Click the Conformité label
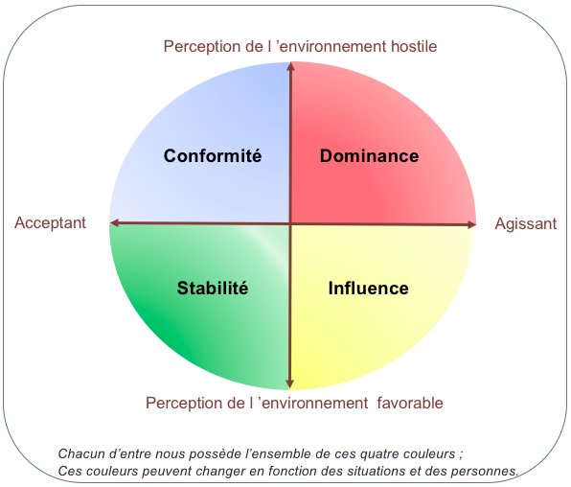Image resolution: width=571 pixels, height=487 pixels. click(213, 155)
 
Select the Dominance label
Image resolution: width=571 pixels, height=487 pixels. click(369, 155)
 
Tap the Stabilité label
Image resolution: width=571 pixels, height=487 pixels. click(213, 288)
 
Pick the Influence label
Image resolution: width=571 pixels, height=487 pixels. click(369, 288)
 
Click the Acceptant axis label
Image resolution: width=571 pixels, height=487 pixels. click(50, 223)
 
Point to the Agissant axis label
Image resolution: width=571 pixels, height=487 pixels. click(526, 223)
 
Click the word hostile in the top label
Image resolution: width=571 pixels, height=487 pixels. click(414, 46)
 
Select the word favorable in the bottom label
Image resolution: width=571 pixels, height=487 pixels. click(410, 404)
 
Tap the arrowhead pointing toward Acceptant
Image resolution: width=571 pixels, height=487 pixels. click(114, 222)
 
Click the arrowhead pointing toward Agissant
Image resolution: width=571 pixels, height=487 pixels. click(471, 224)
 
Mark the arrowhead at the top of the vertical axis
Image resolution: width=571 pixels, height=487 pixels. click(290, 67)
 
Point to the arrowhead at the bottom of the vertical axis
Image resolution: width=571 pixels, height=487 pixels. click(290, 383)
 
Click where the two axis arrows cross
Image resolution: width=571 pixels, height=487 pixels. click(290, 223)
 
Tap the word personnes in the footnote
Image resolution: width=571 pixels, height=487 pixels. click(485, 471)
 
